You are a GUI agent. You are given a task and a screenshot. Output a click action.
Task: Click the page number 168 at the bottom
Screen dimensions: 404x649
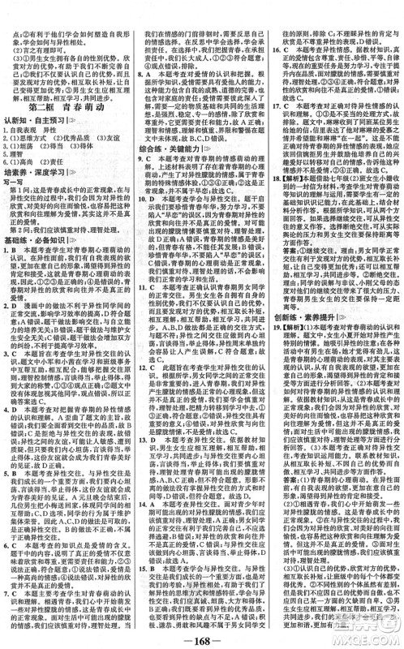coord(201,636)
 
